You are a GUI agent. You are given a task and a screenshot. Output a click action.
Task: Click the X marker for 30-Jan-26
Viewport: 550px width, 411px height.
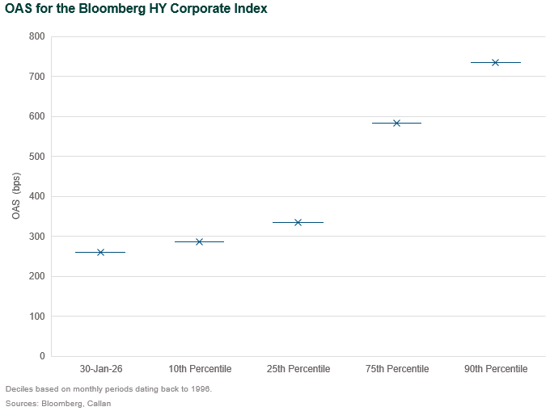(x=100, y=253)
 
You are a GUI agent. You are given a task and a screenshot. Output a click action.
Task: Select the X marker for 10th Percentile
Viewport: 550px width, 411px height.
(x=199, y=241)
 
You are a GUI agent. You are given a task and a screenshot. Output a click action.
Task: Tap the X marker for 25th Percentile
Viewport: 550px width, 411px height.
(x=298, y=222)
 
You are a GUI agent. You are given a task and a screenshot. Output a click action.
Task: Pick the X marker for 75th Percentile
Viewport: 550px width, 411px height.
(x=396, y=123)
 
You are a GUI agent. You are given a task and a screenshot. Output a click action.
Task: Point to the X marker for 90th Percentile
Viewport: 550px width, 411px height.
(x=495, y=62)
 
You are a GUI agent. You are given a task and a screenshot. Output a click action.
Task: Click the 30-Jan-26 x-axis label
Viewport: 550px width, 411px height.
(x=100, y=369)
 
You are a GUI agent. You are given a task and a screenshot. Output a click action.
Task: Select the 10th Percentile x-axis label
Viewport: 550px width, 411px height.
(x=199, y=369)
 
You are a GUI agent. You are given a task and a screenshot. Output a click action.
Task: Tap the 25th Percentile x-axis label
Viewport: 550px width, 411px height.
(x=298, y=369)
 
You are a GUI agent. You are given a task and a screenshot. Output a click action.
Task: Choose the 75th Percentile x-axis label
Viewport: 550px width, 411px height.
(x=396, y=369)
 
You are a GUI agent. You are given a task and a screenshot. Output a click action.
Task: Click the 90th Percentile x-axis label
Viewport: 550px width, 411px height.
(x=495, y=369)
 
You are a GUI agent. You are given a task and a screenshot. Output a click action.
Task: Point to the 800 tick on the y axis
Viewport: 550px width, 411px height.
(x=36, y=36)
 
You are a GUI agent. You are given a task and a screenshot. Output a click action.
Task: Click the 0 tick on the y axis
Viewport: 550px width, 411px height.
(x=42, y=356)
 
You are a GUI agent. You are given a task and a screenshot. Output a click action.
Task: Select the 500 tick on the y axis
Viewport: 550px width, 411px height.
(x=36, y=157)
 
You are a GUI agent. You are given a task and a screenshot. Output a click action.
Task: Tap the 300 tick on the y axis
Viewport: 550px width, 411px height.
(x=36, y=237)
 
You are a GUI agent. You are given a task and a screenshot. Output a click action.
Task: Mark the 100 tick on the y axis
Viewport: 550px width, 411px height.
(x=36, y=317)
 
